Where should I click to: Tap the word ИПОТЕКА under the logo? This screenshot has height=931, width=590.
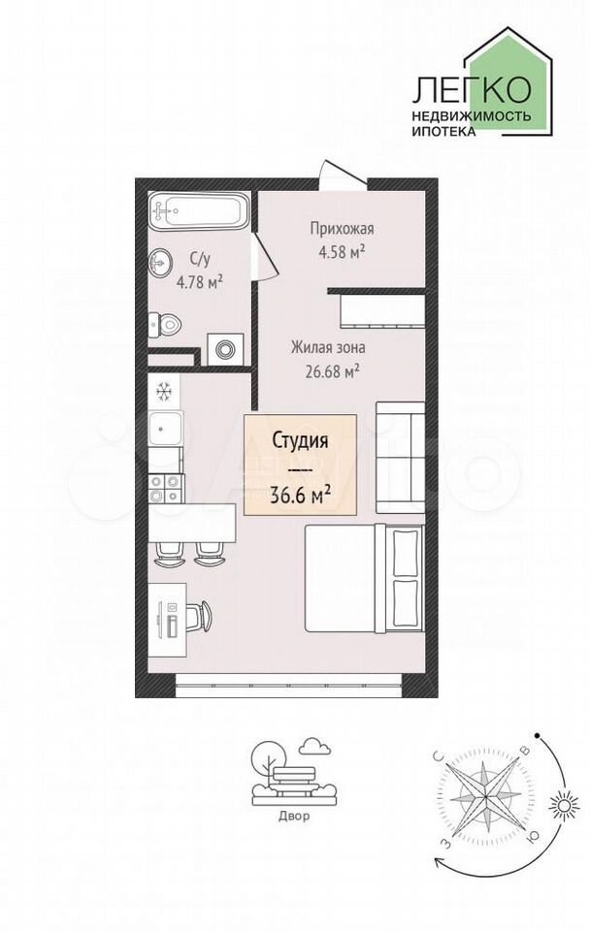point(443,132)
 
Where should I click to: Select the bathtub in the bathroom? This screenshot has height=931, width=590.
point(199,212)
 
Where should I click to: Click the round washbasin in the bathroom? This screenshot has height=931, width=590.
point(160,262)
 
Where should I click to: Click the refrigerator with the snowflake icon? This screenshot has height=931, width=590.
point(163,391)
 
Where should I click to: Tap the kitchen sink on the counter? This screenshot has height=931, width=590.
point(163,428)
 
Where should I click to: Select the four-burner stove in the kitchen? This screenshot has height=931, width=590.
point(164,489)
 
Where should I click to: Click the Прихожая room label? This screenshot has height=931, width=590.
point(342,229)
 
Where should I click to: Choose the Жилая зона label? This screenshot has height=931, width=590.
point(327,347)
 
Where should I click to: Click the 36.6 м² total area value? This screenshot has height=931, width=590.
point(301,494)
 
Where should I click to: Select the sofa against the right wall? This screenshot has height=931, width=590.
point(400,458)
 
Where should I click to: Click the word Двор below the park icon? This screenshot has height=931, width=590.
point(294,816)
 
